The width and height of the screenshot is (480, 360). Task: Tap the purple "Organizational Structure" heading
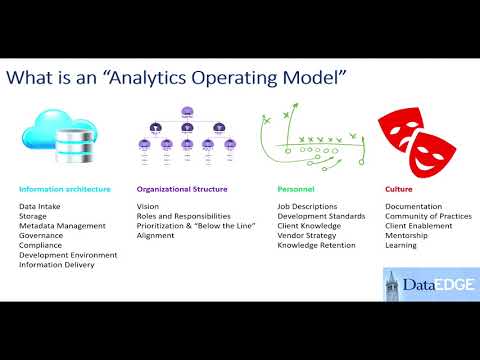pos(182,188)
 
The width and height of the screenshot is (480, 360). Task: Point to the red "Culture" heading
pos(399,188)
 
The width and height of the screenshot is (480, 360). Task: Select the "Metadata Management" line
pos(62,225)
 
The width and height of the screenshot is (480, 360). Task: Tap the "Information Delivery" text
pos(58,264)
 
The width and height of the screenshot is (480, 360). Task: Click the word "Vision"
pos(147,206)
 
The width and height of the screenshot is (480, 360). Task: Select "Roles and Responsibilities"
pos(184,216)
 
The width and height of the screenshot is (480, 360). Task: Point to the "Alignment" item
pos(155,235)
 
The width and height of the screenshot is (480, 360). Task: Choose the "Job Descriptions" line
pos(307,206)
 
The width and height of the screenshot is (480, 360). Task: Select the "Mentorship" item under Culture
pos(407,235)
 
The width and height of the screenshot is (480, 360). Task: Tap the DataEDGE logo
pos(419,283)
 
